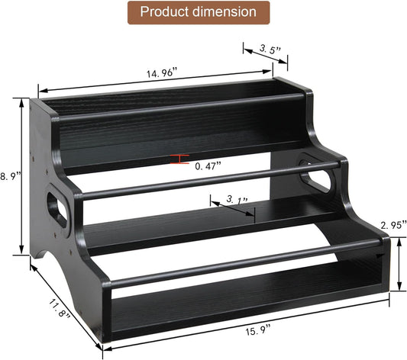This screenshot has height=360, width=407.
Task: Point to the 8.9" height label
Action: (x=10, y=175)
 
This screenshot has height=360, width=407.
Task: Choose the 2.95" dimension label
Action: (x=392, y=225)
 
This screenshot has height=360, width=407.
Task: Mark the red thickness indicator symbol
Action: (x=180, y=159)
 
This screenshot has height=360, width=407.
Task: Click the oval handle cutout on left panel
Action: (x=57, y=209)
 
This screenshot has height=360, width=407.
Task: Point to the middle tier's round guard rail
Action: (x=206, y=180)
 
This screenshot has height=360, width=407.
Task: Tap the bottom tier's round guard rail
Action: (x=244, y=264)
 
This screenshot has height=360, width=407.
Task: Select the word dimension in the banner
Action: (x=227, y=13)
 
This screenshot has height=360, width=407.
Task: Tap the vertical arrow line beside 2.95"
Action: (x=399, y=263)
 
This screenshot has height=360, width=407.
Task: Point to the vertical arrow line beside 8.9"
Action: (x=21, y=175)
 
